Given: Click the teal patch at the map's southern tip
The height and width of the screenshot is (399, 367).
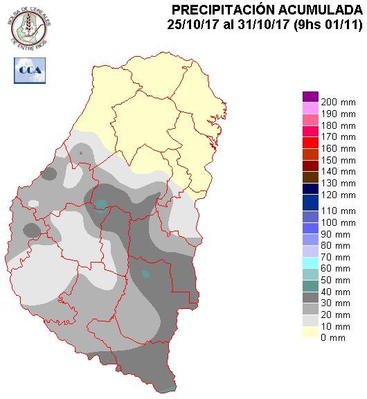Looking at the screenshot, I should coord(168,389).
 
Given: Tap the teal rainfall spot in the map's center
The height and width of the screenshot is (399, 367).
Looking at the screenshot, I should coord(102,204).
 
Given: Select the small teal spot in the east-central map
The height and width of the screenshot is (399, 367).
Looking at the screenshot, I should coord(146,274).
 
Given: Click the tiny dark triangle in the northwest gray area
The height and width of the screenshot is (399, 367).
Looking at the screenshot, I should coord(81,152).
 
